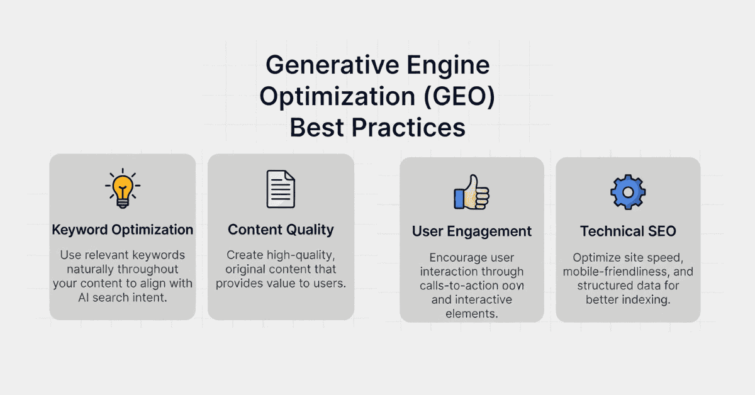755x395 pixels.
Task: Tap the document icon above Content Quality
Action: coord(281,189)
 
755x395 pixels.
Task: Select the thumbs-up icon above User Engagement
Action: coord(471,192)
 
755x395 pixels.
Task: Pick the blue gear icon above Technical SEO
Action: coord(628,192)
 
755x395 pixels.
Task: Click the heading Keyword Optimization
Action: coord(122,230)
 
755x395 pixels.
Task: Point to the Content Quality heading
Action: coord(281,230)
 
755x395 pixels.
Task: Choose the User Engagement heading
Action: coord(472,231)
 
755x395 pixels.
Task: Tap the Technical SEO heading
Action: coord(628,231)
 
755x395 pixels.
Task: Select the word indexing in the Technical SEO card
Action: coord(648,299)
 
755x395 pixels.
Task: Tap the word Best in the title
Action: coord(316,128)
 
